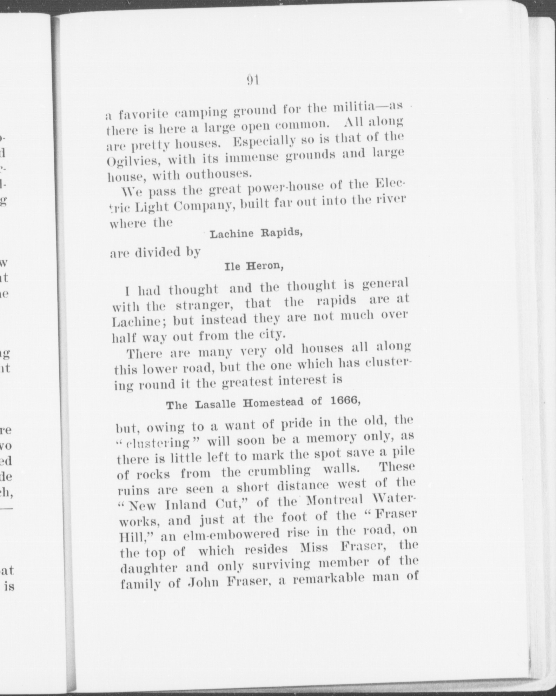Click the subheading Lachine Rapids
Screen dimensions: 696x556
click(256, 233)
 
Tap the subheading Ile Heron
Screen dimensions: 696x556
click(254, 266)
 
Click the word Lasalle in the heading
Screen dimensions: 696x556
click(216, 404)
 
